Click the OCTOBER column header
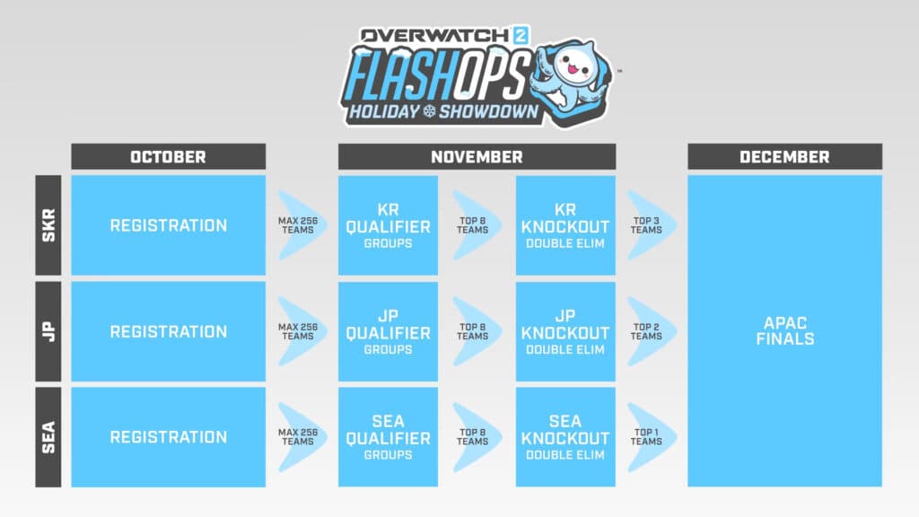pyautogui.click(x=168, y=157)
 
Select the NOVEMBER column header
pyautogui.click(x=477, y=157)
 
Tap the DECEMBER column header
pyautogui.click(x=784, y=157)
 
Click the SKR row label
pyautogui.click(x=48, y=225)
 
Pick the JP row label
pyautogui.click(x=48, y=331)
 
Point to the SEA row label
pyautogui.click(x=48, y=437)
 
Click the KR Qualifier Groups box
pyautogui.click(x=388, y=225)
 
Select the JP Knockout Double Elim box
pyautogui.click(x=565, y=331)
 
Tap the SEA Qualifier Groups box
pyautogui.click(x=388, y=437)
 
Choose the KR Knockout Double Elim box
pyautogui.click(x=565, y=225)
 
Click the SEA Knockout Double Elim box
pyautogui.click(x=565, y=437)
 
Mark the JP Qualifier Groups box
pyautogui.click(x=388, y=331)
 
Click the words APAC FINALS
pyautogui.click(x=784, y=331)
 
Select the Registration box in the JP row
pyautogui.click(x=168, y=331)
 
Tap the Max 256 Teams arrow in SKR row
pyautogui.click(x=299, y=225)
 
